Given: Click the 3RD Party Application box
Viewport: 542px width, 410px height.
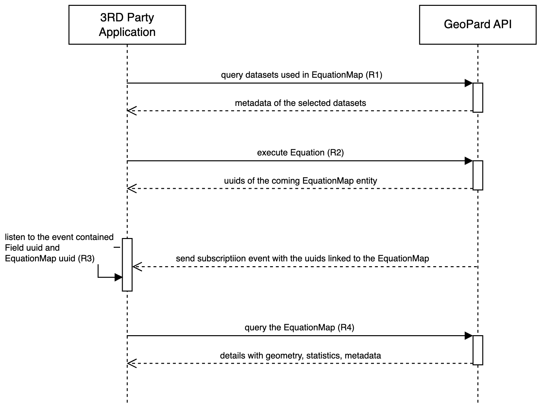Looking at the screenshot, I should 127,25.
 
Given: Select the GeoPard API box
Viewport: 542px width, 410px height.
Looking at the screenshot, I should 478,25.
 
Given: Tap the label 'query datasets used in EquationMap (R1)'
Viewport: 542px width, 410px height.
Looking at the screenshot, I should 301,75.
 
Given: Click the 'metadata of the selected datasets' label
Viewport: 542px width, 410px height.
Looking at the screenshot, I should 300,103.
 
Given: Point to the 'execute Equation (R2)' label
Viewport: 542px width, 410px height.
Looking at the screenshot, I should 300,153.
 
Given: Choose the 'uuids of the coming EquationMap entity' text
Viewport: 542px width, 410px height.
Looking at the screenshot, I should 300,181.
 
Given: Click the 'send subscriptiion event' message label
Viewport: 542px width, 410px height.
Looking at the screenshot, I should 302,258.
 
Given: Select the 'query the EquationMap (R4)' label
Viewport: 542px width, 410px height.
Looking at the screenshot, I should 299,327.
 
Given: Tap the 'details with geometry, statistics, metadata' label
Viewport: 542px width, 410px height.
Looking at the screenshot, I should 300,356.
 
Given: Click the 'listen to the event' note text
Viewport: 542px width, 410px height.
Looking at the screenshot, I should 59,248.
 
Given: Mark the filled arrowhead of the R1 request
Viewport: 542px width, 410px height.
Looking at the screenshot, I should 469,83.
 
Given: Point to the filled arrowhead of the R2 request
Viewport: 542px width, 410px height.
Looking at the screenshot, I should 469,161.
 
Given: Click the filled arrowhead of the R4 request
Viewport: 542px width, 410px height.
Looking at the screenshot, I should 469,336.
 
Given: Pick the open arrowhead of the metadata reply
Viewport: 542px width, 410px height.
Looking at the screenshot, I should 131,111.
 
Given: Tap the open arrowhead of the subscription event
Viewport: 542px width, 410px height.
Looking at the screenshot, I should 137,267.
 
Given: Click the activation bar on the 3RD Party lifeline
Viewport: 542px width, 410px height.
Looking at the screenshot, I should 127,265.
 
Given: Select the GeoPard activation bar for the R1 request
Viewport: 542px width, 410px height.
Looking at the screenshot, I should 478,97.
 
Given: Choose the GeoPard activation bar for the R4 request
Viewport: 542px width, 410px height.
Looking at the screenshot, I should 478,350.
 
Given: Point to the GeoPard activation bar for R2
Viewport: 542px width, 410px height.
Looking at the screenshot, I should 478,175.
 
